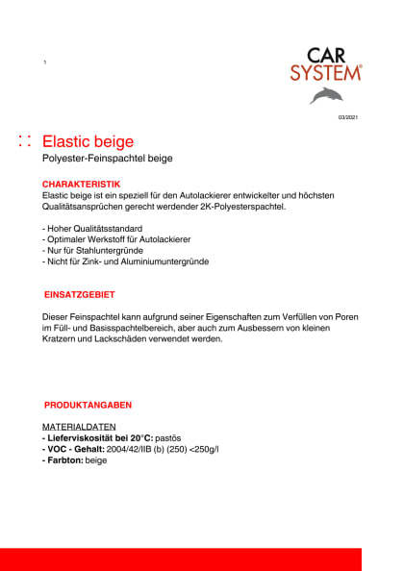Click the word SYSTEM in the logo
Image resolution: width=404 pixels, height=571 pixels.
[x=325, y=73]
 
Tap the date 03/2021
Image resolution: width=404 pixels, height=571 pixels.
[x=347, y=117]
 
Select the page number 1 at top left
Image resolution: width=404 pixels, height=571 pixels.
[x=45, y=62]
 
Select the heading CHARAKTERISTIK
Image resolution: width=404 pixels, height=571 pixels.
[x=82, y=183]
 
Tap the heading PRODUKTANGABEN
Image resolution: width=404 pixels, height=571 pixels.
[x=88, y=406]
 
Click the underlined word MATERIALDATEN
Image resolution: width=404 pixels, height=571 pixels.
[x=80, y=426]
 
